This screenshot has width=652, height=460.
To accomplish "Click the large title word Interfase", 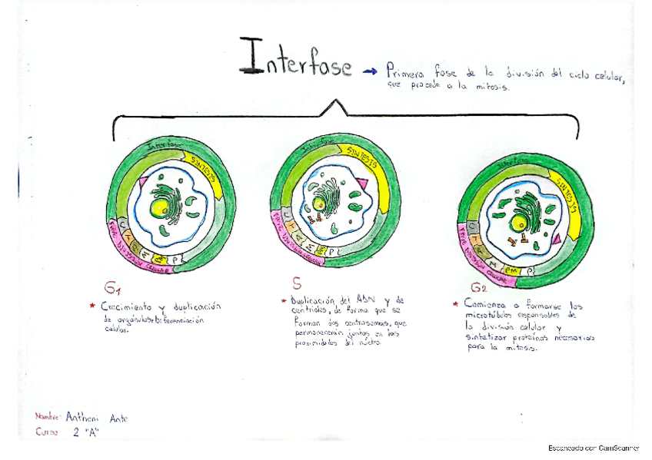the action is tap(295, 60).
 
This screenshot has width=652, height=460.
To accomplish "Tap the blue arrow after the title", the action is tap(370, 71).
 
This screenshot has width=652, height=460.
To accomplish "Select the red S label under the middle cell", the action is tap(296, 282).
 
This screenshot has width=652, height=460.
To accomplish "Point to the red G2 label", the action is tap(479, 288).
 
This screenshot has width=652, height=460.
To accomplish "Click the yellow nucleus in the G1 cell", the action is tap(159, 207).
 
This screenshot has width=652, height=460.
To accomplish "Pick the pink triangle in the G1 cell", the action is tap(144, 178).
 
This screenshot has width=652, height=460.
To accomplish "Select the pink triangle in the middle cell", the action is tap(361, 184).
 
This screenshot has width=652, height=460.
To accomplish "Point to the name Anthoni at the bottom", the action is tap(81, 417).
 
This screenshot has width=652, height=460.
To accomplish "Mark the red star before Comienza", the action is tap(457, 305).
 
